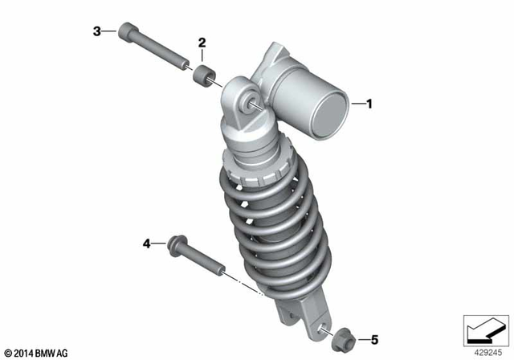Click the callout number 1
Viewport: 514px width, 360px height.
(370, 103)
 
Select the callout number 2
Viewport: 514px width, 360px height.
(202, 42)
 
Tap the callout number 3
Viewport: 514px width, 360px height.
(96, 31)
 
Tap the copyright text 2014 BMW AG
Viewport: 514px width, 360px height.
(38, 351)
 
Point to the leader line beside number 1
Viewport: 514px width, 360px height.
(357, 103)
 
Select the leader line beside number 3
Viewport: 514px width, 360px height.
(109, 31)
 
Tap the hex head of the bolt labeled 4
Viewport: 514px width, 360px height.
(175, 246)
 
